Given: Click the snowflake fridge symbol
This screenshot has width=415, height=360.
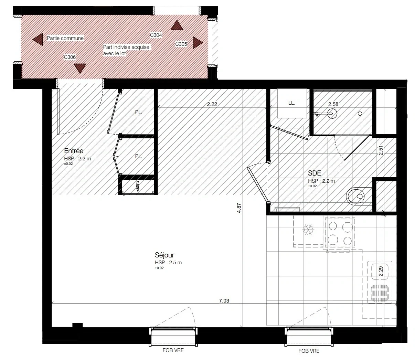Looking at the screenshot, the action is (x=308, y=230).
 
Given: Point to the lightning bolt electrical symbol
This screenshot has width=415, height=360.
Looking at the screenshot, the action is (x=138, y=186).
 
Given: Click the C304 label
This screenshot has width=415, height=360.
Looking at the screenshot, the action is (x=156, y=35).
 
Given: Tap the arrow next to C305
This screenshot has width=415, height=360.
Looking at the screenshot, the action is (x=198, y=43).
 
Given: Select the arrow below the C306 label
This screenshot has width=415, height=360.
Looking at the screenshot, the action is (x=80, y=68).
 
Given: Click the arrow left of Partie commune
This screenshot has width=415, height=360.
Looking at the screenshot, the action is (x=38, y=39).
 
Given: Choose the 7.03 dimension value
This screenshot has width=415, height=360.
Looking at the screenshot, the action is (x=224, y=300).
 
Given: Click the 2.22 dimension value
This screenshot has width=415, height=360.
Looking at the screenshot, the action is (x=212, y=104).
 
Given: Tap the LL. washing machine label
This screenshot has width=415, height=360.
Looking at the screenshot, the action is (x=291, y=103).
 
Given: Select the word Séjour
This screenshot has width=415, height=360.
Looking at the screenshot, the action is (x=164, y=255).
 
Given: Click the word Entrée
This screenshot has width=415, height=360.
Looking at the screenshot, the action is (x=74, y=151).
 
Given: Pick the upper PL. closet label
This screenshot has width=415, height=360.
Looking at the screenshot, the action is (x=139, y=112).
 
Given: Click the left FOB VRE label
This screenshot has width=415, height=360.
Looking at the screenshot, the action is (x=173, y=350).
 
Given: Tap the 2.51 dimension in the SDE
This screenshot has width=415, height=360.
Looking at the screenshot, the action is (x=381, y=150).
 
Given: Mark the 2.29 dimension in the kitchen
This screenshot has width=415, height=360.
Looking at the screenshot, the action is (x=381, y=271).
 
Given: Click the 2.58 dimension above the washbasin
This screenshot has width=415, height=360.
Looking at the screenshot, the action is (x=333, y=104).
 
